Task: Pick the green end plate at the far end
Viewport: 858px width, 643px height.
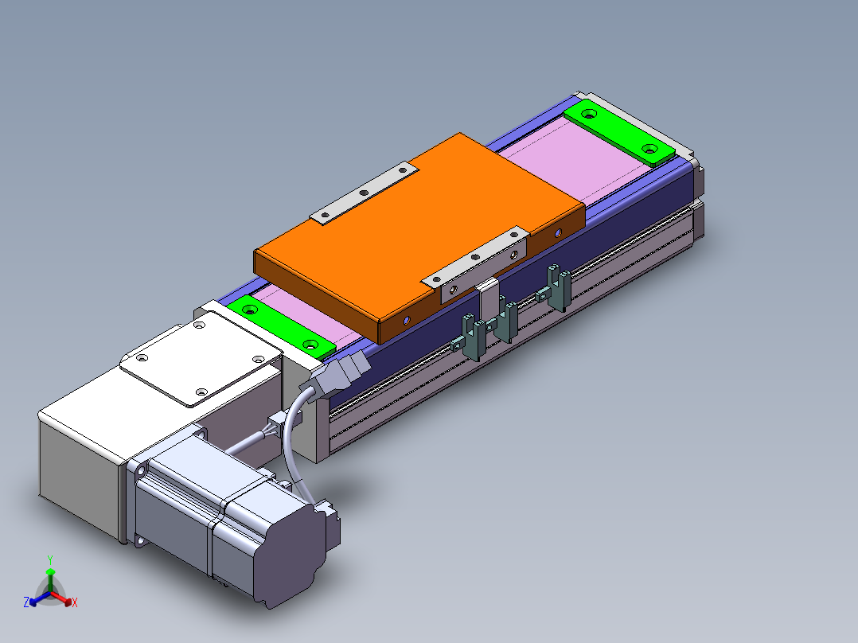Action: pyautogui.click(x=619, y=132)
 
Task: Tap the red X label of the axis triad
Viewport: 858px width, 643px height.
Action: pyautogui.click(x=75, y=602)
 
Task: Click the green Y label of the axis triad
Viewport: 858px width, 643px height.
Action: pyautogui.click(x=50, y=559)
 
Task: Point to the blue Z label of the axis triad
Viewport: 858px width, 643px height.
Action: pyautogui.click(x=25, y=602)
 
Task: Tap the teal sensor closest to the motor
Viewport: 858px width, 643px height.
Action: pyautogui.click(x=470, y=337)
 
